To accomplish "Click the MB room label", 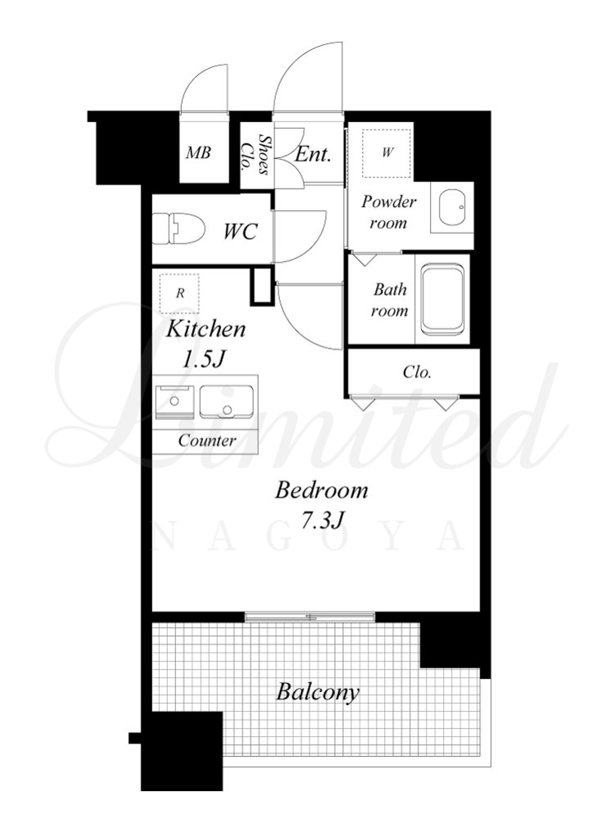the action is point(199,152).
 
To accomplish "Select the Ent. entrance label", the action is point(313,154).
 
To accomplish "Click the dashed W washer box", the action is point(387,153).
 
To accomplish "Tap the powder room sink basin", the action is point(452,207).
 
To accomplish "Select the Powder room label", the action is point(388,212).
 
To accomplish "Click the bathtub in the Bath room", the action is point(443,300).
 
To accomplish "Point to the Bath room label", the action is point(390,300).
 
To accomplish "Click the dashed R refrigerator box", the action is point(179,293).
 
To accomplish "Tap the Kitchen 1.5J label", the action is point(205,344).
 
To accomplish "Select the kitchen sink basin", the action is point(227,401).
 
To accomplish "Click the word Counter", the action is point(206,441).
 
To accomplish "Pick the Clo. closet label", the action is point(417,372).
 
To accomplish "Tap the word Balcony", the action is point(318,692).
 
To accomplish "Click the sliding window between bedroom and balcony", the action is point(310,617).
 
